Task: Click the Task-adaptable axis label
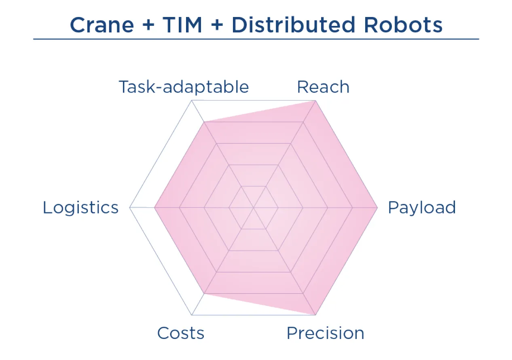pyautogui.click(x=184, y=87)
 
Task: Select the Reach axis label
pyautogui.click(x=323, y=87)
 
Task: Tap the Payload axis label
pyautogui.click(x=421, y=208)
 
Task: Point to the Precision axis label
pyautogui.click(x=325, y=333)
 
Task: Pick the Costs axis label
pyautogui.click(x=180, y=333)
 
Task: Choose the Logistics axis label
pyautogui.click(x=80, y=208)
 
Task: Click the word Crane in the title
pyautogui.click(x=102, y=25)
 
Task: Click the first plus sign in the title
pyautogui.click(x=147, y=25)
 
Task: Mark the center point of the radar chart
pyautogui.click(x=254, y=208)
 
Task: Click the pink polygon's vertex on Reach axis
pyautogui.click(x=315, y=101)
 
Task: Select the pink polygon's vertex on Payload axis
pyautogui.click(x=377, y=208)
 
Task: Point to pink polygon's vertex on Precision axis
pyautogui.click(x=315, y=314)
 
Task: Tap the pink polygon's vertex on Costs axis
pyautogui.click(x=204, y=293)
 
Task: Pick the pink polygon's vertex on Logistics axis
pyautogui.click(x=154, y=208)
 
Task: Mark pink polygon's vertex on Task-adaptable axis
pyautogui.click(x=204, y=122)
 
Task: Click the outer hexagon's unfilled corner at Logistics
pyautogui.click(x=130, y=208)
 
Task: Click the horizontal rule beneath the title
pyautogui.click(x=256, y=39)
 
